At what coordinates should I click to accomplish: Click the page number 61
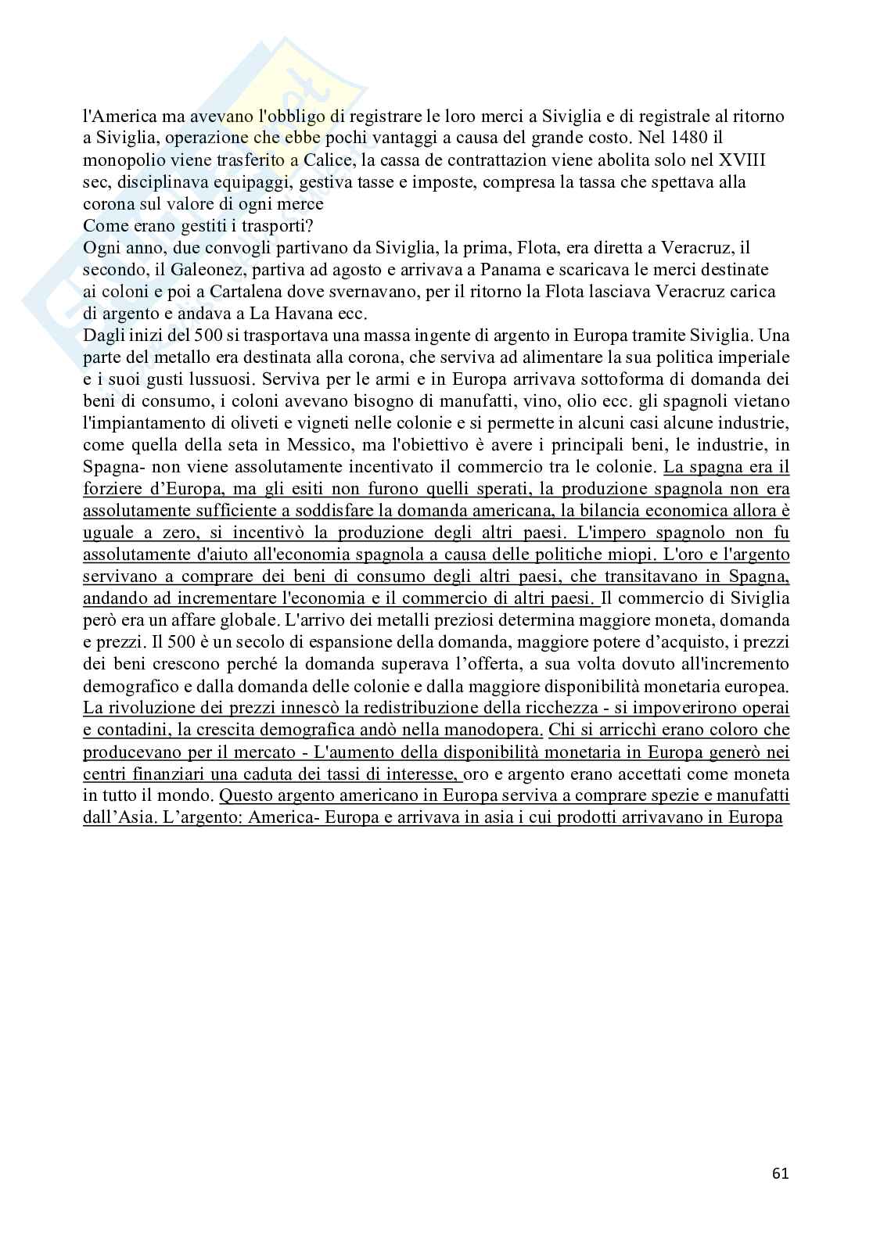coord(780,1173)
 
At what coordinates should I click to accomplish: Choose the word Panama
coord(476,270)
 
